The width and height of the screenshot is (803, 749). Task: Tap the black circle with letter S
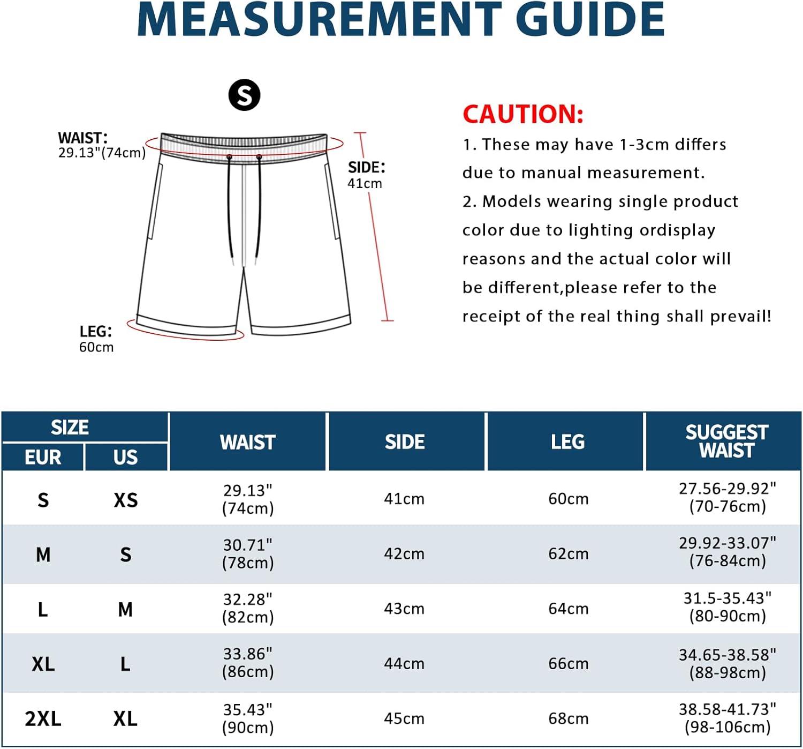[x=244, y=95]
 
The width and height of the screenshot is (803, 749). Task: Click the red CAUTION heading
[x=522, y=114]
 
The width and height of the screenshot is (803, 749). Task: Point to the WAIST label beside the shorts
[x=83, y=138]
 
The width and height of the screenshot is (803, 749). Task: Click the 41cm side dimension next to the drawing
[x=365, y=184]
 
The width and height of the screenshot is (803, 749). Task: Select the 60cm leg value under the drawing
[x=96, y=347]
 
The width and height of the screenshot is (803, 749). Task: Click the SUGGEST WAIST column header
[x=726, y=441]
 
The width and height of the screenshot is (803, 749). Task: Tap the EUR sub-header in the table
[x=43, y=458]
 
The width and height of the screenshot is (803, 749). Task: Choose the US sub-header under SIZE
[x=125, y=458]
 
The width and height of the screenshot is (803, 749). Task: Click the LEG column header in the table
[x=567, y=442]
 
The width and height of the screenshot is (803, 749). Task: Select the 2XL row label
[x=43, y=719]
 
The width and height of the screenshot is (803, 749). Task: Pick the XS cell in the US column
[x=126, y=500]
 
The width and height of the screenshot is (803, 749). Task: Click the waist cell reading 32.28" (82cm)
[x=248, y=608]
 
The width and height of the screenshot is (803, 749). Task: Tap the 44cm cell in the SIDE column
[x=404, y=664]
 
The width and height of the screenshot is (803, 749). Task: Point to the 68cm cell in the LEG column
[x=568, y=719]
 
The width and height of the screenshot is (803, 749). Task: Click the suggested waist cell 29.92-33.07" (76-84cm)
[x=727, y=552]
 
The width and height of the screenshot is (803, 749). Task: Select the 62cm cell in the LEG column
[x=568, y=554]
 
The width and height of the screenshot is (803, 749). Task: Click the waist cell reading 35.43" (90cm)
[x=248, y=718]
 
